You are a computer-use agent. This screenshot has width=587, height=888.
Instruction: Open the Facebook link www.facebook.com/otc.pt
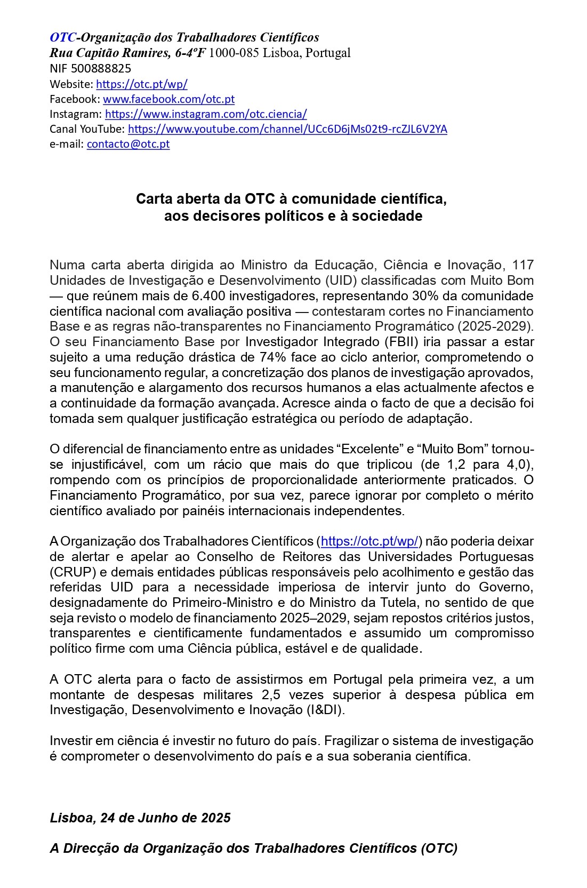[x=168, y=99]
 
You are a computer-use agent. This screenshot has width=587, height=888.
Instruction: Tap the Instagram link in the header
[x=206, y=114]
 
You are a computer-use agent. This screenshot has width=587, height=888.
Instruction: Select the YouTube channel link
[x=287, y=129]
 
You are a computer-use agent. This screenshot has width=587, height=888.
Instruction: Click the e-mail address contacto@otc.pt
[x=128, y=143]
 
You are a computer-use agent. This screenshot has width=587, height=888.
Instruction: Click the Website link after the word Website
[x=142, y=84]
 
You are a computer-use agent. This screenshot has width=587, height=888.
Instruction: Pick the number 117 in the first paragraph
[x=522, y=265]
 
